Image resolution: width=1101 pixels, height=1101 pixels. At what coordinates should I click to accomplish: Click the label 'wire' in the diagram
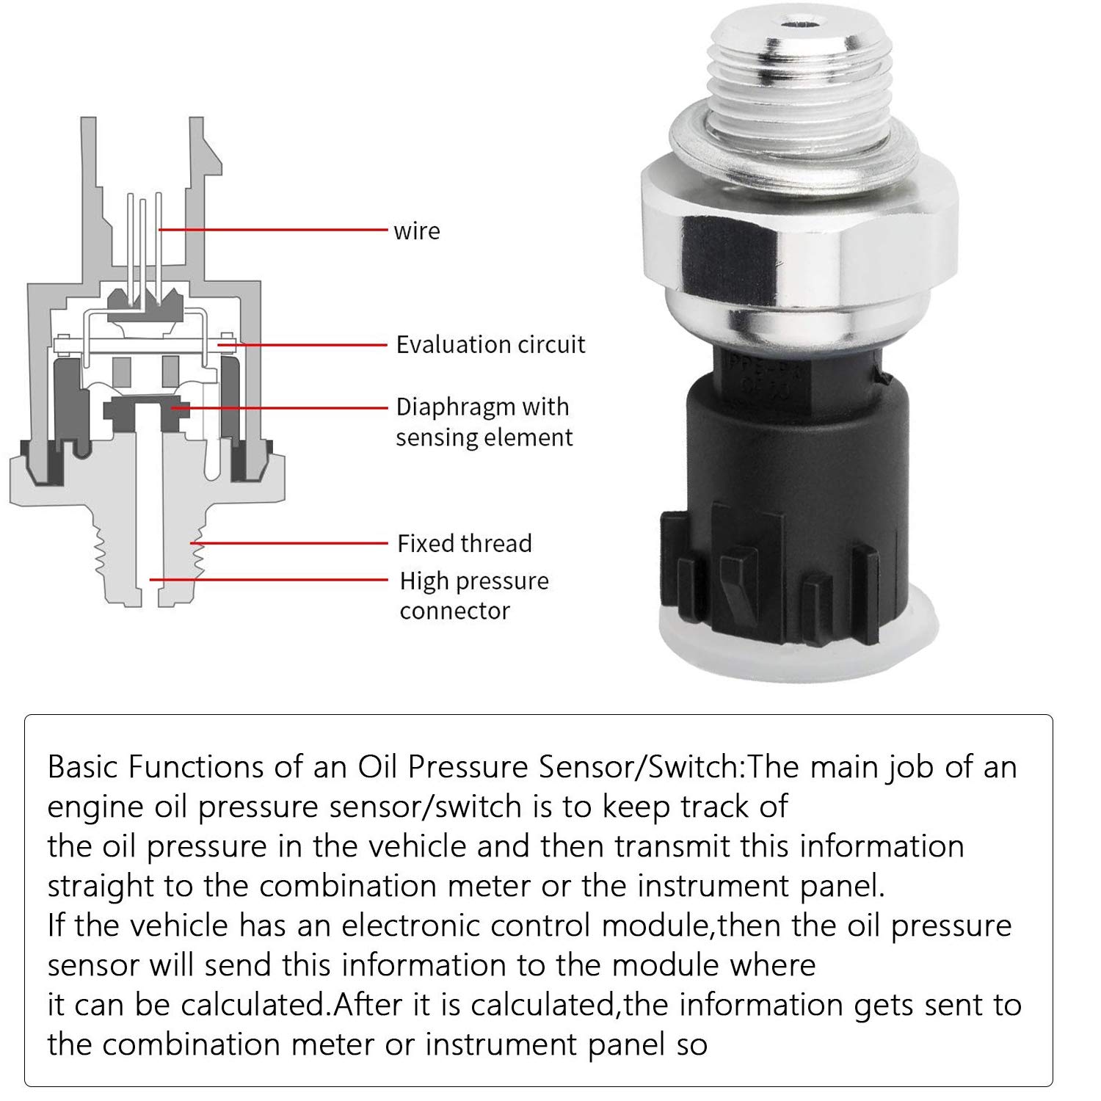click(416, 231)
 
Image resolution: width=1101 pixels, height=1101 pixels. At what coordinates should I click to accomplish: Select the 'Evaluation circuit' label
click(490, 344)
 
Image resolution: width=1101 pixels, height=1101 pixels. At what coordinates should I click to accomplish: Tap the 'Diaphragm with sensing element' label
click(484, 421)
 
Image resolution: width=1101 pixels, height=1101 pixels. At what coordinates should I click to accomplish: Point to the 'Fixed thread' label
click(464, 543)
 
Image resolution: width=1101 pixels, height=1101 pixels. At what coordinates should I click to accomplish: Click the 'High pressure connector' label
click(473, 595)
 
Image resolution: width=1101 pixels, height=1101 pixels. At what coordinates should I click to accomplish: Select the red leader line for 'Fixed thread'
click(294, 543)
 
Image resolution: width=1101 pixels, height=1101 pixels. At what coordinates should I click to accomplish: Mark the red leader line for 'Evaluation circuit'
click(308, 344)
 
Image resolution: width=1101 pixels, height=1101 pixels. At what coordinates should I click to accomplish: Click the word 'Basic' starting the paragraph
click(83, 767)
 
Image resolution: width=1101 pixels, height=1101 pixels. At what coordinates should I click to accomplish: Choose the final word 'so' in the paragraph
click(691, 1044)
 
